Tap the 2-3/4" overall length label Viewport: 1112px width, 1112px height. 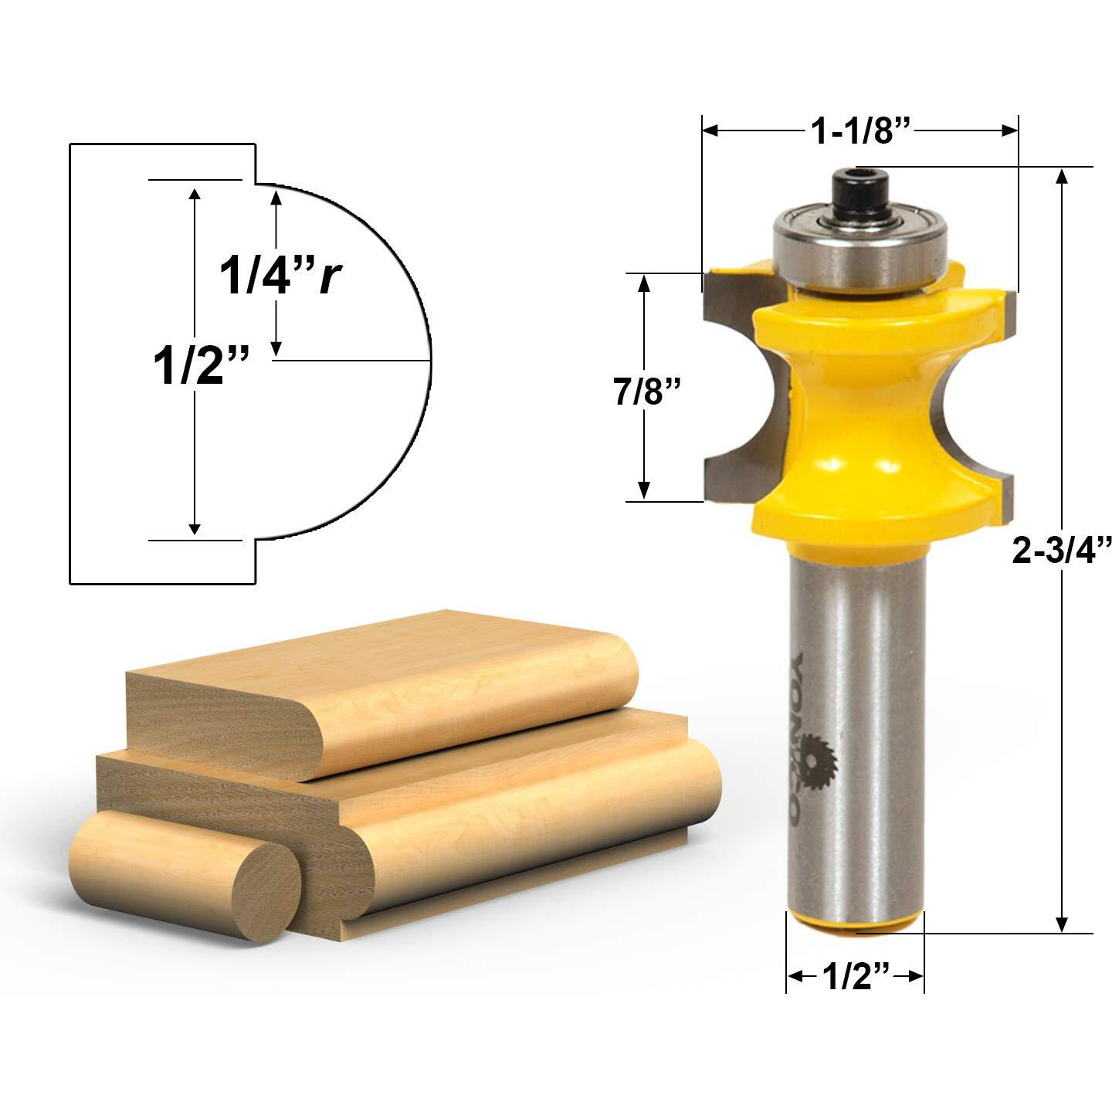pos(1061,551)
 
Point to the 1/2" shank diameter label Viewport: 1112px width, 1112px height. pos(856,977)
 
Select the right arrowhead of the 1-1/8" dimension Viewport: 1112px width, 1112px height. pos(1010,131)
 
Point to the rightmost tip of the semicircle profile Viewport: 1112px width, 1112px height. pos(430,361)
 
